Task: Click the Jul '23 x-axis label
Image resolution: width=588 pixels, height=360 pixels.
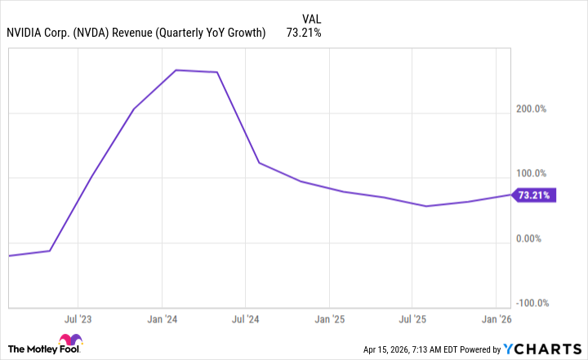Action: (x=78, y=318)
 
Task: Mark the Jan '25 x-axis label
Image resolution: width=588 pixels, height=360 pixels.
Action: (x=328, y=318)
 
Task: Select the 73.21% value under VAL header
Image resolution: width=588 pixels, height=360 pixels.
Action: (x=304, y=33)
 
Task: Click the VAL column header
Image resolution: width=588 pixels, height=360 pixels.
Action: (x=311, y=18)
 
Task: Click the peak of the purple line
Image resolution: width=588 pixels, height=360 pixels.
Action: (x=177, y=70)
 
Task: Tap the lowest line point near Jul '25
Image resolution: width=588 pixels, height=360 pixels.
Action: (x=426, y=206)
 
